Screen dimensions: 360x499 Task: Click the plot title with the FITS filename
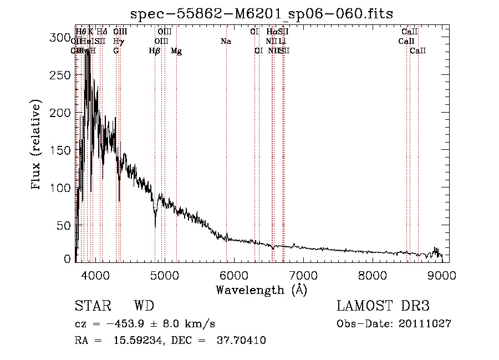261,13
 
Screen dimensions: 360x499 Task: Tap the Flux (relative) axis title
37,146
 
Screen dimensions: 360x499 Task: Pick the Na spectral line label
226,41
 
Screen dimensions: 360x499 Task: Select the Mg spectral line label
176,51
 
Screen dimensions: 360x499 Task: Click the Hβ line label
155,51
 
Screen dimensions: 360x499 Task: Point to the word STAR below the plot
92,306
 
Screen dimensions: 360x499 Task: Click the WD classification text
144,306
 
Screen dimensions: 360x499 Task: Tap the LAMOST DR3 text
383,306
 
